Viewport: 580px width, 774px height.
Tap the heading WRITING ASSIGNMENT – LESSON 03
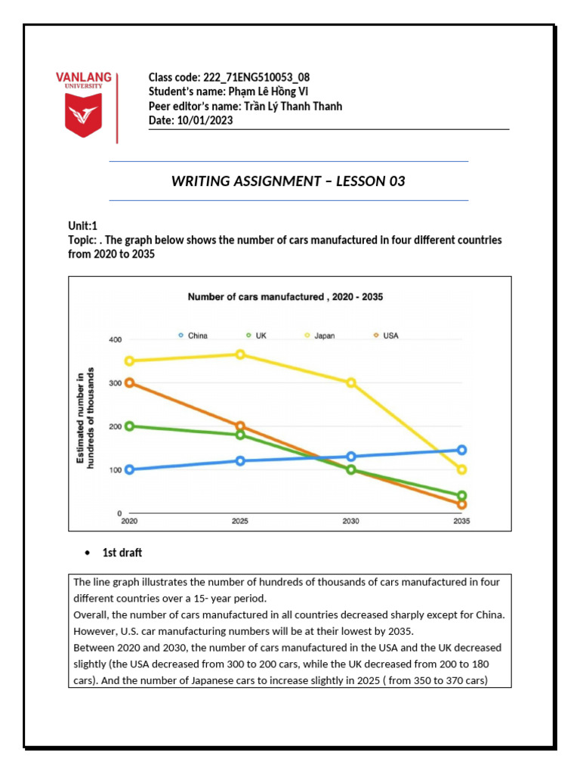click(288, 181)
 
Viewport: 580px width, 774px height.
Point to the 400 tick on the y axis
click(114, 339)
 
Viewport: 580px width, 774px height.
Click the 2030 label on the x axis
click(350, 522)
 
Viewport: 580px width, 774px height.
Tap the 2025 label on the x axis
click(240, 522)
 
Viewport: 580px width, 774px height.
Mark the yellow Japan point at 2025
click(240, 354)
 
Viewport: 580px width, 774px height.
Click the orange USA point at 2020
click(129, 382)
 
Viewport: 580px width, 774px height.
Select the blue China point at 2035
click(461, 450)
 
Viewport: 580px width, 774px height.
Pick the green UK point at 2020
click(129, 426)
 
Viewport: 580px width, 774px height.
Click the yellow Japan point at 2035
click(461, 469)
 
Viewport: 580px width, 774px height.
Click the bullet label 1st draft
click(122, 553)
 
